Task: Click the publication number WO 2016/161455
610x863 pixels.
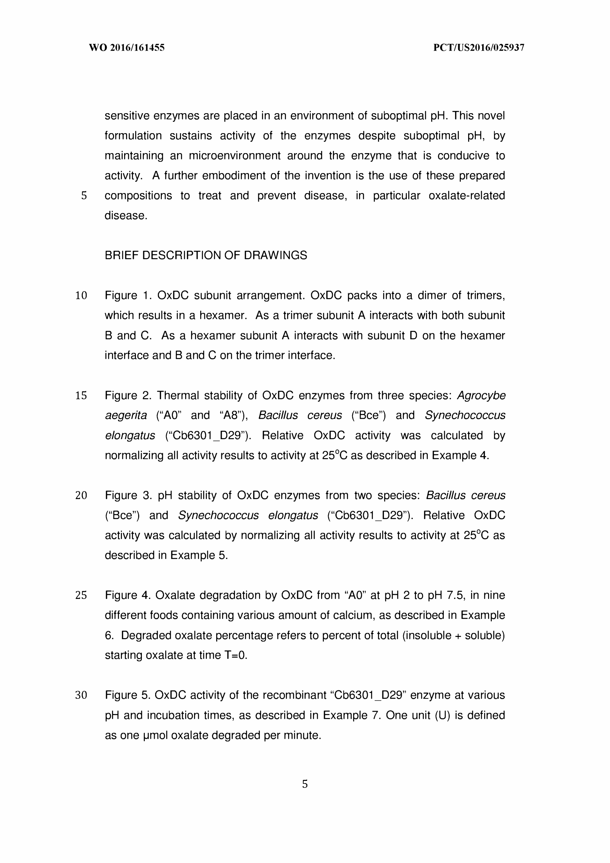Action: (x=127, y=48)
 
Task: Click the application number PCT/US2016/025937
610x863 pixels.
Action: (x=478, y=48)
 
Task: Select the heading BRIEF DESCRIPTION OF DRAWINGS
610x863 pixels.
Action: (x=205, y=255)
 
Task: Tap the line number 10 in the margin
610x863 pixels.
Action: (x=81, y=296)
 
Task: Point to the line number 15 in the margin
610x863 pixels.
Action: (x=81, y=395)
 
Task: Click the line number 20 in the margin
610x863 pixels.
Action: (x=81, y=495)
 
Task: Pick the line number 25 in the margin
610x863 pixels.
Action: (x=81, y=595)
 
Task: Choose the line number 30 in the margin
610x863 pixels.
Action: (x=81, y=695)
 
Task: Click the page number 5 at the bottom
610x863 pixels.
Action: (x=304, y=784)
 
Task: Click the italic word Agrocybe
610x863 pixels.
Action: (x=481, y=395)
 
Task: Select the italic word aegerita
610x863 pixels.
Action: (x=126, y=415)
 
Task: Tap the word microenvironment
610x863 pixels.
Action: (x=234, y=156)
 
